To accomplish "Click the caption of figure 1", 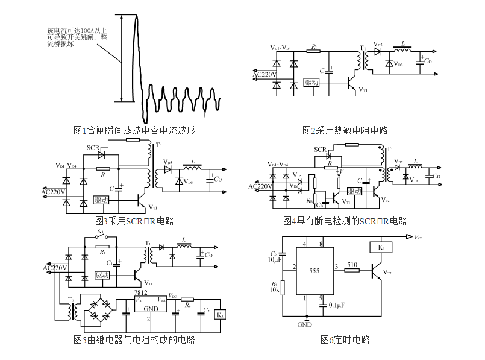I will tap(134, 130).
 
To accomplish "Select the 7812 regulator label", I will tap(142, 292).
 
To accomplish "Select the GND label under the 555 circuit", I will tap(305, 324).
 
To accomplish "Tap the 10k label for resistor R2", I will tap(274, 290).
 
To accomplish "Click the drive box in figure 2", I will tap(311, 82).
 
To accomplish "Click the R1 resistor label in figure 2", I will tap(314, 46).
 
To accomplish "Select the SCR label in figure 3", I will tap(93, 147).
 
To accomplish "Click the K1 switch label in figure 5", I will tap(100, 231).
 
